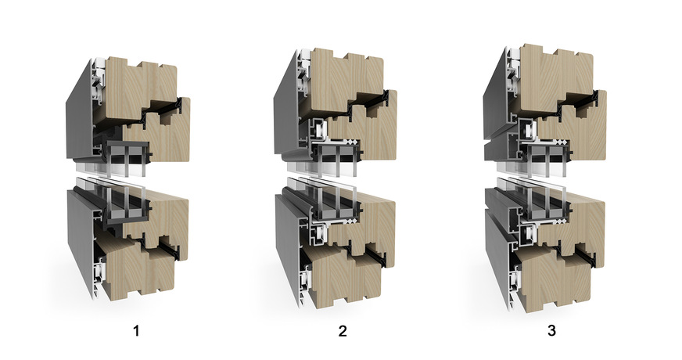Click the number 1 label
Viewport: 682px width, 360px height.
136,331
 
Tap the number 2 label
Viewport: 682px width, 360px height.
343,331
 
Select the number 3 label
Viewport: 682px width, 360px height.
551,331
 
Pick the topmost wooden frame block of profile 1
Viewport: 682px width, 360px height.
139,87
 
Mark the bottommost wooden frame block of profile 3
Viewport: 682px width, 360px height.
555,281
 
